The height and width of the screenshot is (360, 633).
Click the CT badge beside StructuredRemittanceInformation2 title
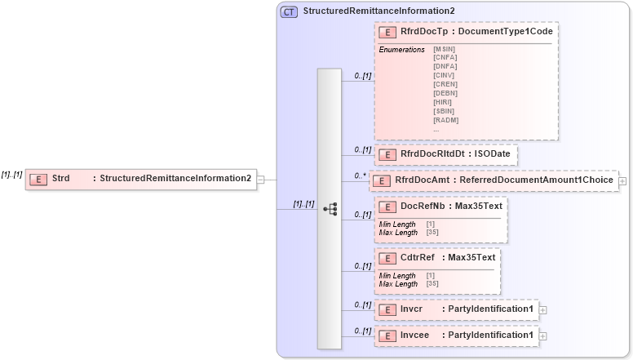289,11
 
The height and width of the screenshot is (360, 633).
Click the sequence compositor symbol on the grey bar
330,209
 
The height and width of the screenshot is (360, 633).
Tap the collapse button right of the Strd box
261,179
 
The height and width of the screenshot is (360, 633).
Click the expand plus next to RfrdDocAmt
622,180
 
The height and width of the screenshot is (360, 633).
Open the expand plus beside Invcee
543,336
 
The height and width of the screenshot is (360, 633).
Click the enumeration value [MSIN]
445,49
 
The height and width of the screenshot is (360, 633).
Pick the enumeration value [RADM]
445,120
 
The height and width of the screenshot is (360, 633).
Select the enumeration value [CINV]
445,75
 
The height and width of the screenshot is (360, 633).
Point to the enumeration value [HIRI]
444,102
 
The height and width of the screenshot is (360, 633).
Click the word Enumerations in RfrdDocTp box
401,50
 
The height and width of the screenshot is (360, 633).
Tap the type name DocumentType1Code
506,31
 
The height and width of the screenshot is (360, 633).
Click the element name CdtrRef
418,258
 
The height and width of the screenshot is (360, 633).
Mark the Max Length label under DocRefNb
397,233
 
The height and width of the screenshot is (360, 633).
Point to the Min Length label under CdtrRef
397,276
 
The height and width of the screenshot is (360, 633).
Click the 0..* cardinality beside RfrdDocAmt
358,176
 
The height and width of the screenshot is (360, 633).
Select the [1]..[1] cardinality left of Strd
11,175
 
